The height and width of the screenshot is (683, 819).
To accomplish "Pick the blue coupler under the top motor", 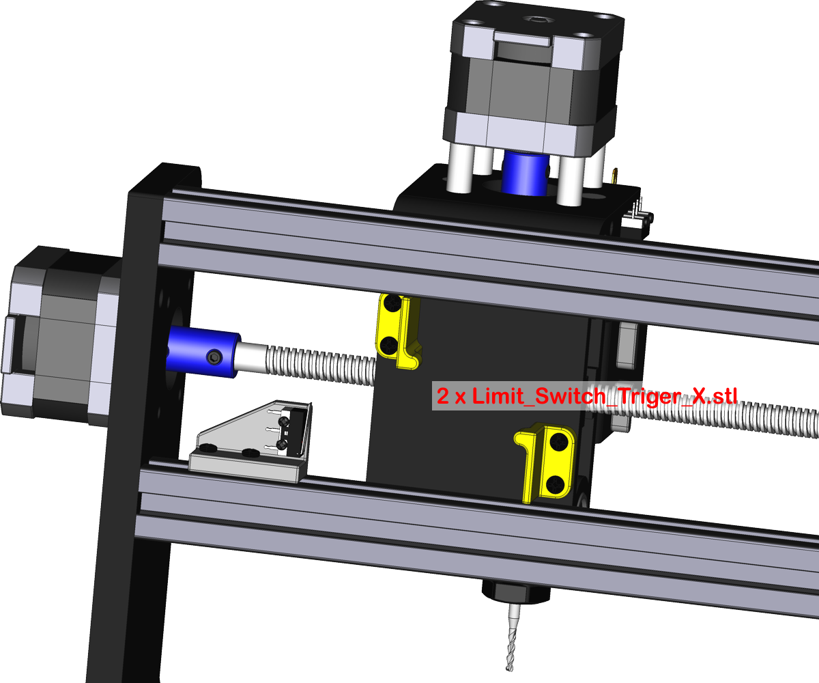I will click(x=524, y=172).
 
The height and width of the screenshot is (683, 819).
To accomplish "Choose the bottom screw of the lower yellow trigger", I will click(x=556, y=484).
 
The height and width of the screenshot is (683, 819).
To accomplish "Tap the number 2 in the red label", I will click(x=443, y=397).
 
